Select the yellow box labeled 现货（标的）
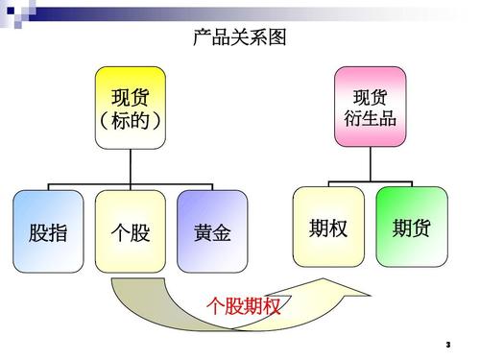tap(130, 108)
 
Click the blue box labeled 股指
tap(48, 231)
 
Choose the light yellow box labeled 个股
tap(131, 231)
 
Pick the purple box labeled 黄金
tap(212, 231)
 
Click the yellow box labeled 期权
tap(328, 228)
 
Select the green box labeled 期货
tap(411, 228)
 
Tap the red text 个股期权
tap(244, 306)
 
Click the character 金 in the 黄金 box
tap(222, 232)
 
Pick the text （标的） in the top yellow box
tap(130, 120)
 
